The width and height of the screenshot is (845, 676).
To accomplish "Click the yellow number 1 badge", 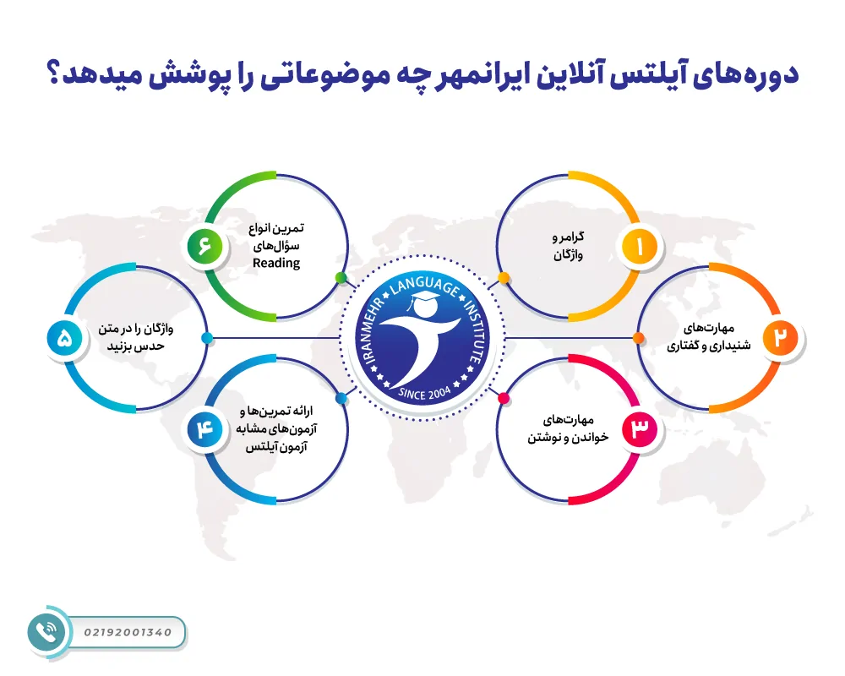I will point(640,247).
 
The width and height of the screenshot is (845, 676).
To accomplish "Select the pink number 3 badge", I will point(640,430).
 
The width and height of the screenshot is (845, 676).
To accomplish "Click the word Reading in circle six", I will point(276,263).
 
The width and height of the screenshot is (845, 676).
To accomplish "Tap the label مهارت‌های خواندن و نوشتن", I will point(567,429).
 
